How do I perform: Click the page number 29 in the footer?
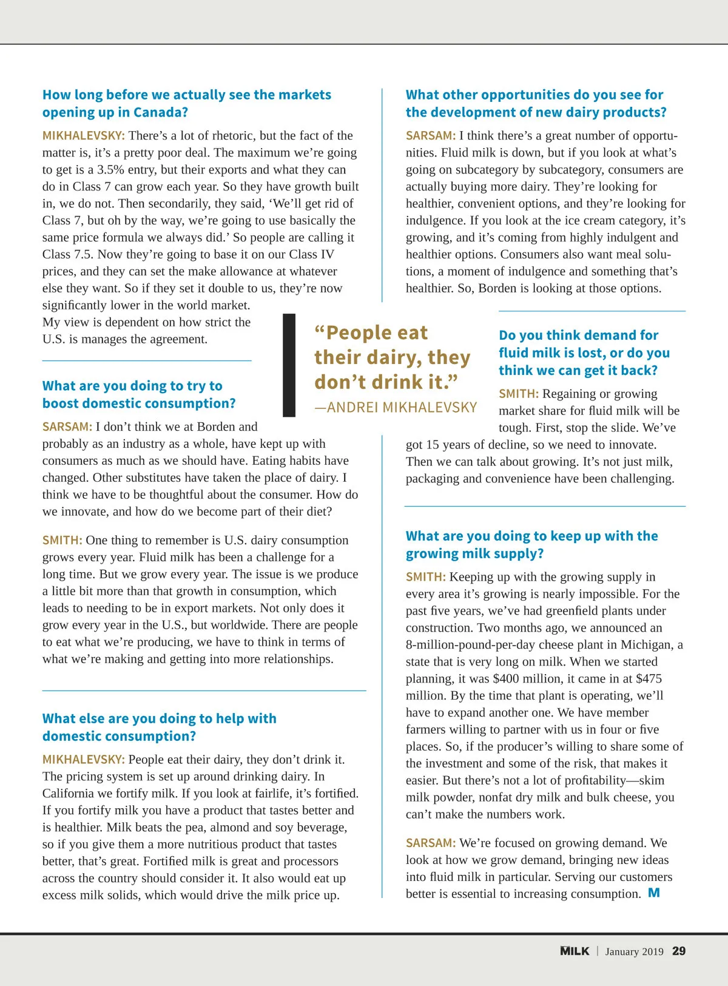click(679, 951)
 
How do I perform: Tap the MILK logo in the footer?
click(575, 951)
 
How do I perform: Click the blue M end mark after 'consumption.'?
click(654, 893)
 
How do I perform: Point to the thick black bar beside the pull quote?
click(289, 365)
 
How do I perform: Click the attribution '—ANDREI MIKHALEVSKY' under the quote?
click(396, 407)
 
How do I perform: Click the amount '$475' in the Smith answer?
click(649, 679)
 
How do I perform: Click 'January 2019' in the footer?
click(634, 952)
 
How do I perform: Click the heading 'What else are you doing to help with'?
click(159, 719)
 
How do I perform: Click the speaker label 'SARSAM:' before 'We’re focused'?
click(430, 843)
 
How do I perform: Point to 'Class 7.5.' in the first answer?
click(67, 255)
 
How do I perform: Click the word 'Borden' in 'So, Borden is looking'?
click(498, 289)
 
